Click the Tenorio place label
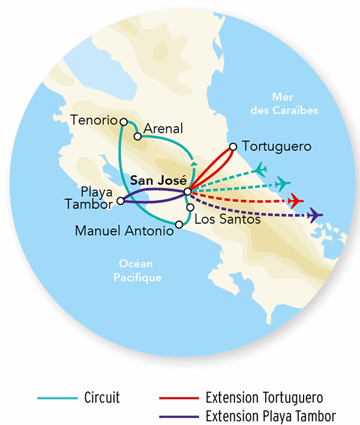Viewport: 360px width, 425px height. [x=94, y=119]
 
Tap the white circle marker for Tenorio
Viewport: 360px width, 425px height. [x=124, y=121]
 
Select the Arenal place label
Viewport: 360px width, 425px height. [x=163, y=129]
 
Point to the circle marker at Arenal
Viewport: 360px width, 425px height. [x=137, y=136]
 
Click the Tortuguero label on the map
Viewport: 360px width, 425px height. [x=277, y=146]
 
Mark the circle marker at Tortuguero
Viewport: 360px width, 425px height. [x=233, y=146]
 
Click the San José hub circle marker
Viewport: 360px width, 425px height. [x=188, y=191]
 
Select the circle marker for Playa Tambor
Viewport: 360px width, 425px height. [x=121, y=201]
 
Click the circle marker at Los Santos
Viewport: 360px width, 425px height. [x=190, y=207]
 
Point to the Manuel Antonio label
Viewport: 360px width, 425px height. [x=124, y=230]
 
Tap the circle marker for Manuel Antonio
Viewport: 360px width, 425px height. [x=179, y=225]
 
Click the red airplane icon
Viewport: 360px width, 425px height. [x=295, y=200]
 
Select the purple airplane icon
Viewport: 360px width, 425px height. [x=314, y=215]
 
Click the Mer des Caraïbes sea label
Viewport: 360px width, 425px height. [x=294, y=104]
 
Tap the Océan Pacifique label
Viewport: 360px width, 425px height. [x=137, y=271]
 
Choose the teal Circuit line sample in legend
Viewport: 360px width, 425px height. [x=58, y=397]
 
